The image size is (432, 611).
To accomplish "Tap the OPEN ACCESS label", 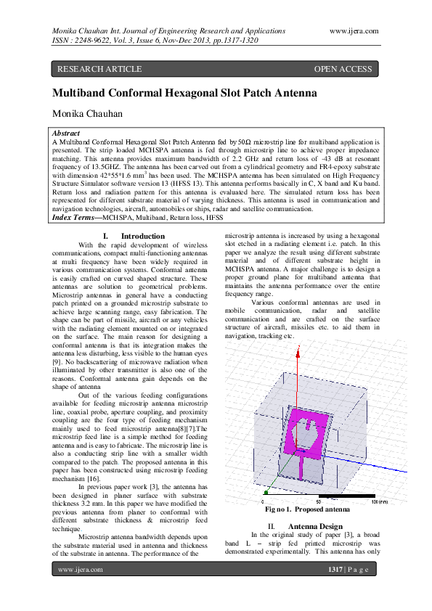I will (x=343, y=69).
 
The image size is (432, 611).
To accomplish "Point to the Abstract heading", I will (x=67, y=134).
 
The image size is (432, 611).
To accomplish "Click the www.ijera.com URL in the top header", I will (x=354, y=30).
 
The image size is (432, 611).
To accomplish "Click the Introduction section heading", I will (x=142, y=236).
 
